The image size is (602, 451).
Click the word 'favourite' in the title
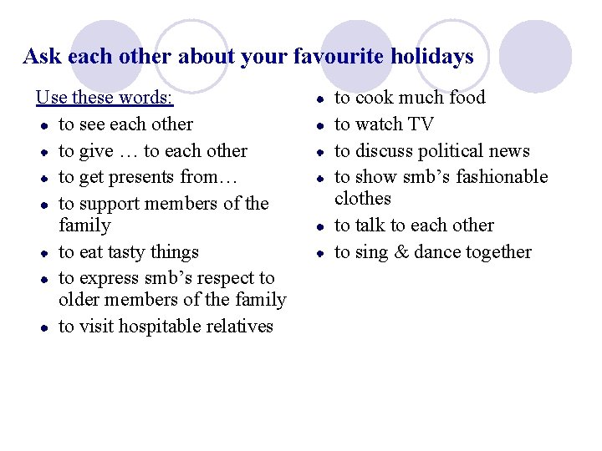point(332,57)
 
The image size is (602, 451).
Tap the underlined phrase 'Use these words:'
point(105,98)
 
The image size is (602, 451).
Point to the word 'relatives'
point(239,327)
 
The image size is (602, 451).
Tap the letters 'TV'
point(421,124)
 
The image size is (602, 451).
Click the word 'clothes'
point(363,199)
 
